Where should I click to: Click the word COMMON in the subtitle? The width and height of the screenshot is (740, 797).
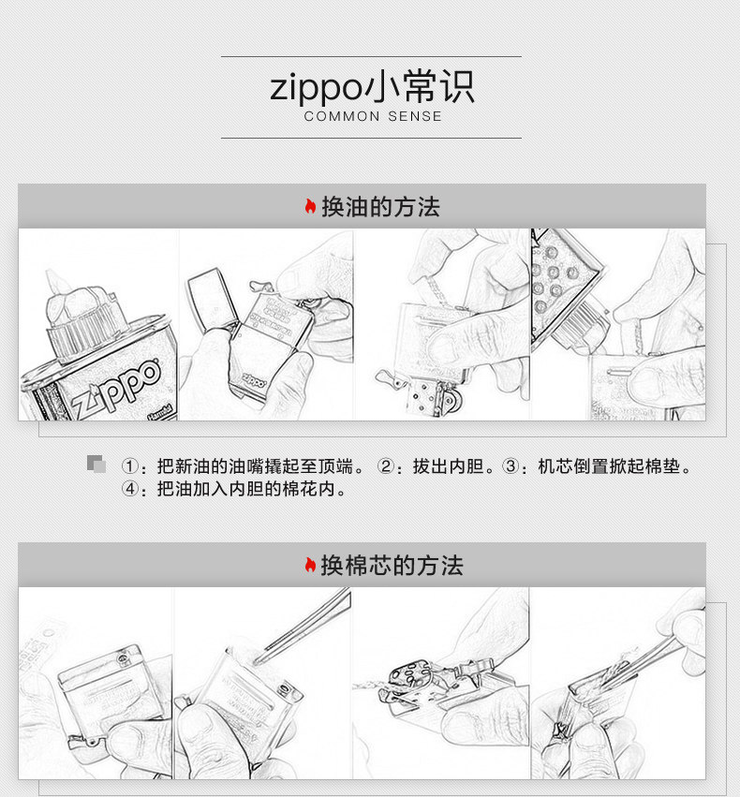(342, 116)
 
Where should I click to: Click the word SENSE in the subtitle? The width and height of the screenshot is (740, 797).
(415, 116)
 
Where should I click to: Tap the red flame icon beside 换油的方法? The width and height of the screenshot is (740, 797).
(310, 206)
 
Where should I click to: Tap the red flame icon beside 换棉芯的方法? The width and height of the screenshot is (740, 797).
(310, 565)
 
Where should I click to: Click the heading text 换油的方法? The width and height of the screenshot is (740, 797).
(380, 207)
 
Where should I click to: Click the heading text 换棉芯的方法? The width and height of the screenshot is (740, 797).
(392, 566)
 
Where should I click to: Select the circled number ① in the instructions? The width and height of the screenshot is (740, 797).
(130, 466)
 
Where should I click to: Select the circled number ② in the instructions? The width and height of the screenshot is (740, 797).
(386, 466)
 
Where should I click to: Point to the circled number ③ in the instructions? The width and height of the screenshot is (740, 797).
(511, 466)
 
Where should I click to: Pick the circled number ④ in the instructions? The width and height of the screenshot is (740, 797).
(130, 489)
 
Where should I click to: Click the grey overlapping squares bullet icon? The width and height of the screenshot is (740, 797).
(96, 465)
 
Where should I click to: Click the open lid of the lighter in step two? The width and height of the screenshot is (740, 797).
(213, 301)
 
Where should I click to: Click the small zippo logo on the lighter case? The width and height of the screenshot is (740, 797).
(254, 381)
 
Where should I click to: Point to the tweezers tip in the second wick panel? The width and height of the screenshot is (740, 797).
(256, 662)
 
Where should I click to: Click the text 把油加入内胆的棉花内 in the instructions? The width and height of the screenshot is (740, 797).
(246, 489)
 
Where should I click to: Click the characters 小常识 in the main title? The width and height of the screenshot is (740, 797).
(420, 87)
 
